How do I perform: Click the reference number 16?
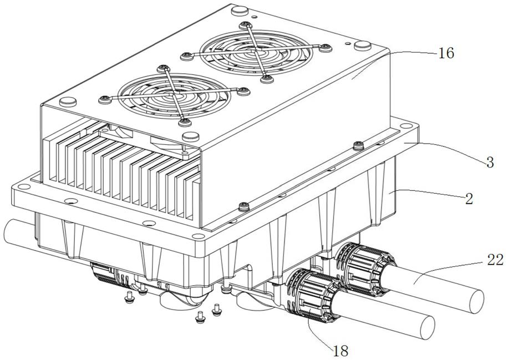tap(446, 53)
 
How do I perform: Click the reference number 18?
tap(341, 350)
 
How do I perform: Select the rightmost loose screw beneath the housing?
tap(216, 308)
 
